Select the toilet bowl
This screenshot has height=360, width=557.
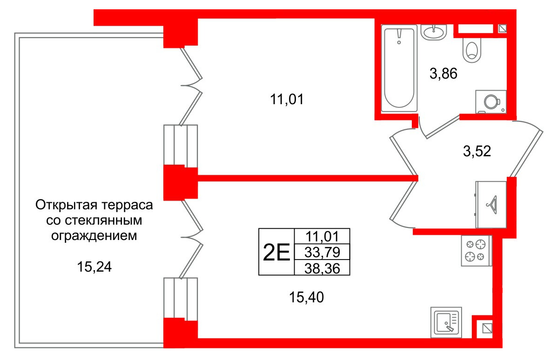click(472, 50)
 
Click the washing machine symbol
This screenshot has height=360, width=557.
click(490, 101)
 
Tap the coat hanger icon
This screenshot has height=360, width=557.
click(491, 203)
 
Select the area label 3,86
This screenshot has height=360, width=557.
click(444, 73)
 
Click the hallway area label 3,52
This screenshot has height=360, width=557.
click(477, 151)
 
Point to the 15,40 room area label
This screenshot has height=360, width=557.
click(306, 296)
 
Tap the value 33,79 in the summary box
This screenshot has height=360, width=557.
click(322, 252)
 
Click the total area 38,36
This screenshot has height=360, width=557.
click(322, 267)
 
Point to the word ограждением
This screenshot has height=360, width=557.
click(94, 235)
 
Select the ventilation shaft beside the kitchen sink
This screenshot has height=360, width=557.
click(487, 328)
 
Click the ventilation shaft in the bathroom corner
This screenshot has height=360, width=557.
click(503, 29)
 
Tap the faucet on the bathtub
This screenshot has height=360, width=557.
click(399, 37)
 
